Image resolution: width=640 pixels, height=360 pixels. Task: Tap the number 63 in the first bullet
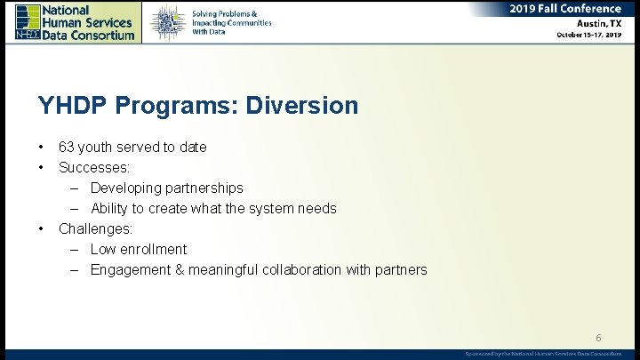tap(67, 147)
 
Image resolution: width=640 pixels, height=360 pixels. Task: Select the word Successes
tap(93, 167)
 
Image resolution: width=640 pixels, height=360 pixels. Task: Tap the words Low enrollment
tap(139, 249)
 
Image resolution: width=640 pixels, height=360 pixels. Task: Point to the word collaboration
tap(307, 269)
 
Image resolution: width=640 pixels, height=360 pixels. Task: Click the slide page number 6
tap(598, 338)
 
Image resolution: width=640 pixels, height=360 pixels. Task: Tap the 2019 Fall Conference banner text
tap(566, 9)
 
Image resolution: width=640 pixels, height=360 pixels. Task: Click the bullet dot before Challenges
tap(41, 228)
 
